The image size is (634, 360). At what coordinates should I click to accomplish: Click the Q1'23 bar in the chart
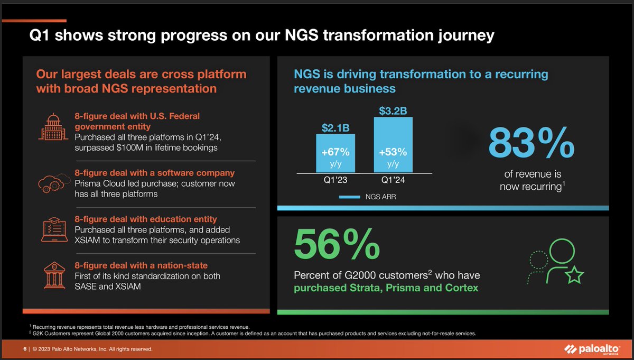click(x=335, y=153)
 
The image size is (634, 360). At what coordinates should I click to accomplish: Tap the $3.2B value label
click(x=393, y=110)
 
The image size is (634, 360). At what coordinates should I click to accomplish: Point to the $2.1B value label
click(x=335, y=127)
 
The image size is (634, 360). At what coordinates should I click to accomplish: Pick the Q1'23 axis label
click(x=335, y=180)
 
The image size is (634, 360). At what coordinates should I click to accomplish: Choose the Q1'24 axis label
click(x=393, y=180)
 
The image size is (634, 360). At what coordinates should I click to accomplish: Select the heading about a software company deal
click(x=154, y=173)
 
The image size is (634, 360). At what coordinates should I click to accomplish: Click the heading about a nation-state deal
click(x=141, y=265)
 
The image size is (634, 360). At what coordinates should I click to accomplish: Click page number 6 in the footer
click(x=24, y=349)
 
